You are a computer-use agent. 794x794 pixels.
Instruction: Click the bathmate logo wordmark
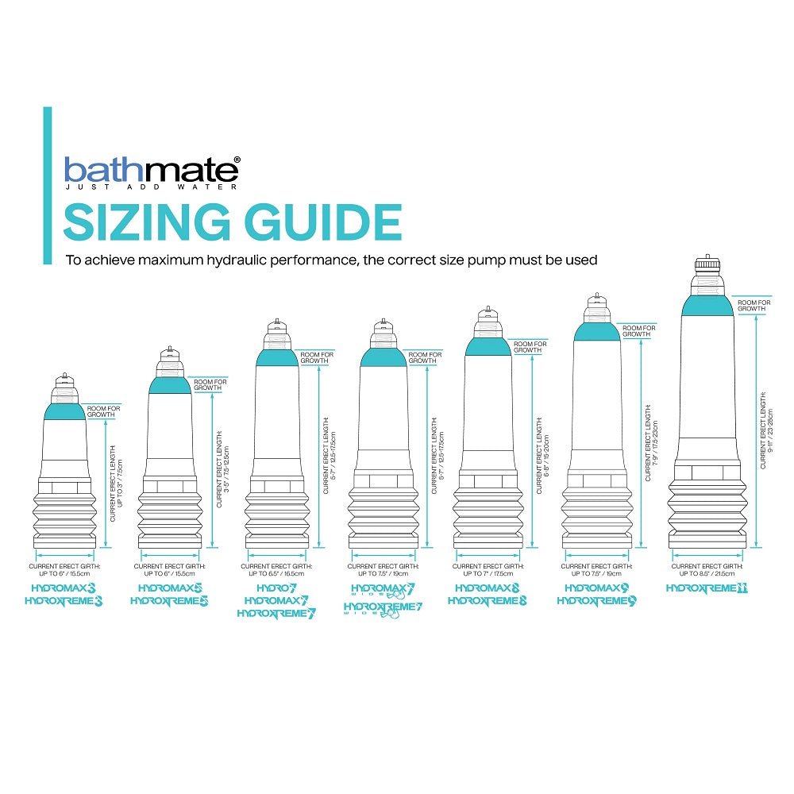(150, 170)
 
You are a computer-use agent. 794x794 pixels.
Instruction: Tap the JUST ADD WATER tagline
(150, 188)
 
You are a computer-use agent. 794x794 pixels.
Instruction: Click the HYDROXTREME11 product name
(707, 588)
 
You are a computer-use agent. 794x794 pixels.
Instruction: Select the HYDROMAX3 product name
(64, 588)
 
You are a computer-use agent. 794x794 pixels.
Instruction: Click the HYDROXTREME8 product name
(488, 601)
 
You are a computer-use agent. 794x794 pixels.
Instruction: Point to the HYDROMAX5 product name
(169, 588)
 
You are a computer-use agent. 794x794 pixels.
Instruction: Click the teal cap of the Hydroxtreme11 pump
(707, 303)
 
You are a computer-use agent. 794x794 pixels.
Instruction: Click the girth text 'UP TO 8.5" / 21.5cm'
(707, 573)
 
